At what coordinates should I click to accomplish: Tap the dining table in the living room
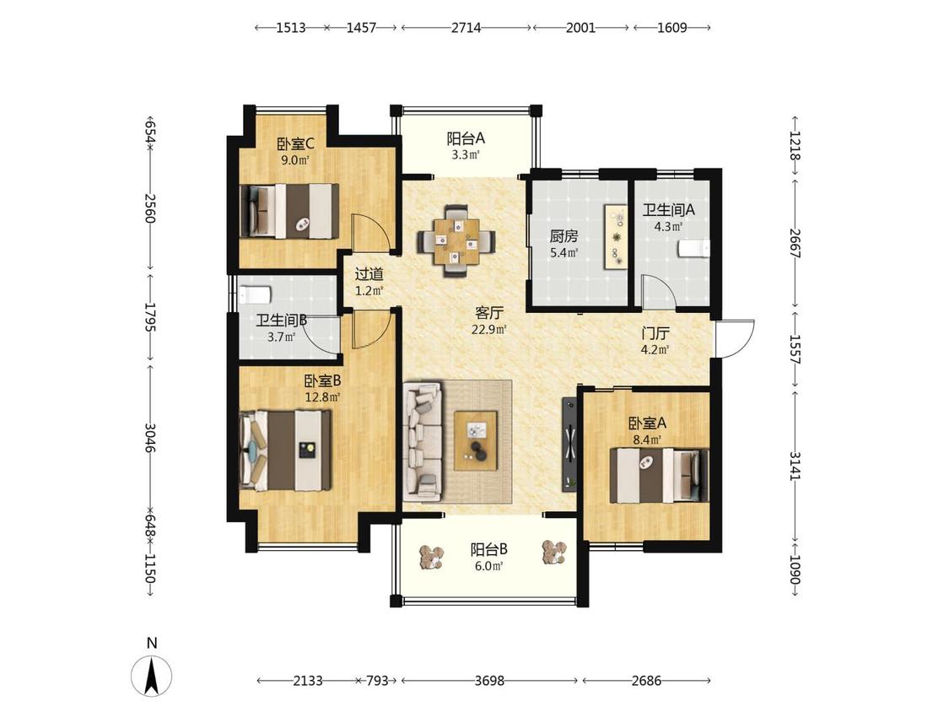(x=456, y=241)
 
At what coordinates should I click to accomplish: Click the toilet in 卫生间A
(x=693, y=249)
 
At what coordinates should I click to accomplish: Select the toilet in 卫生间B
(x=255, y=295)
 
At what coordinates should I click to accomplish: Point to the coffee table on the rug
(x=476, y=440)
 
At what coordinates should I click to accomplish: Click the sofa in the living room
(x=423, y=440)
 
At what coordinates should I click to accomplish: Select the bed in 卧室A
(x=659, y=475)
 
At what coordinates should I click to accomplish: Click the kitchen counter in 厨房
(x=616, y=237)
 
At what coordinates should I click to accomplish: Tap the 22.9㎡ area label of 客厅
(x=489, y=329)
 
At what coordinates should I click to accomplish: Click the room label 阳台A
(x=466, y=138)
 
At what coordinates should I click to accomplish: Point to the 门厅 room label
(x=655, y=333)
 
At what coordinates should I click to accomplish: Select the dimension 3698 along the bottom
(x=489, y=681)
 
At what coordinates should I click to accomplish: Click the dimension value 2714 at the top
(x=466, y=27)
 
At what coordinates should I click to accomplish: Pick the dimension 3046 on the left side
(x=150, y=437)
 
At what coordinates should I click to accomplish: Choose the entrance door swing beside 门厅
(x=735, y=338)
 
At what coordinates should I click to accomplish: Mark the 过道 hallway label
(x=369, y=274)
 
